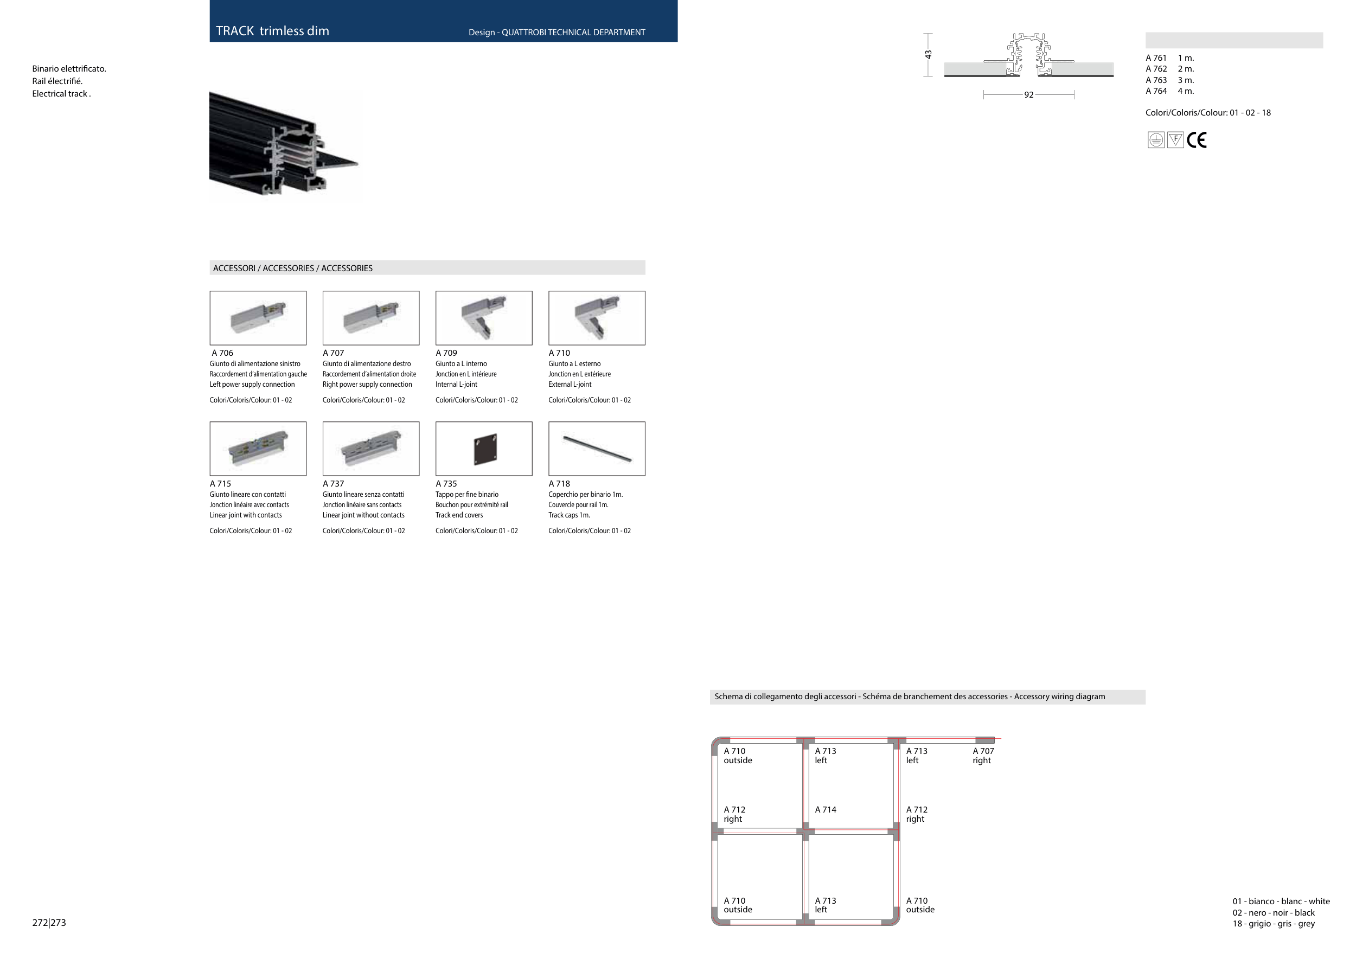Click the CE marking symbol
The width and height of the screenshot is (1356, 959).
tap(1197, 140)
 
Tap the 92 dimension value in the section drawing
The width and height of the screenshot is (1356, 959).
tap(1029, 95)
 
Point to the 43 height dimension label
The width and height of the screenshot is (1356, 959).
tap(929, 54)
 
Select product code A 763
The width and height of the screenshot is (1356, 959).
tap(1156, 80)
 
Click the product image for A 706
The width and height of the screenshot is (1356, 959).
tap(258, 318)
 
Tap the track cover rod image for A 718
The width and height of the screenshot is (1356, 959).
tap(597, 449)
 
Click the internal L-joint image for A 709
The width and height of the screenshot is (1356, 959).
tap(484, 318)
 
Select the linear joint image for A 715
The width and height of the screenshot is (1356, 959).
tap(258, 449)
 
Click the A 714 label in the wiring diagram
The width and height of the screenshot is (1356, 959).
tap(826, 810)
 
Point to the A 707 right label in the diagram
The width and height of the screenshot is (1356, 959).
tap(983, 756)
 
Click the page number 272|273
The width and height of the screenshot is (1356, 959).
tap(49, 923)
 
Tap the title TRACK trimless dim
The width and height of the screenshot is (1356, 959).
tap(272, 31)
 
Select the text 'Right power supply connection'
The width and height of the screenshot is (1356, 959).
tap(367, 385)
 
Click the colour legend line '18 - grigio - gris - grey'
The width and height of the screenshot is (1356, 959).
tap(1274, 924)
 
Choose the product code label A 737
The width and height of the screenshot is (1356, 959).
tap(333, 484)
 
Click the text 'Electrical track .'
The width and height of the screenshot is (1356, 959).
tap(61, 94)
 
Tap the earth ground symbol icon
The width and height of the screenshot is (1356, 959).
tap(1156, 140)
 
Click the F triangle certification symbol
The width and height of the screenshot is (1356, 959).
tap(1176, 140)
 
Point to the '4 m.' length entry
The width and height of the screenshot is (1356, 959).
tap(1186, 92)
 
